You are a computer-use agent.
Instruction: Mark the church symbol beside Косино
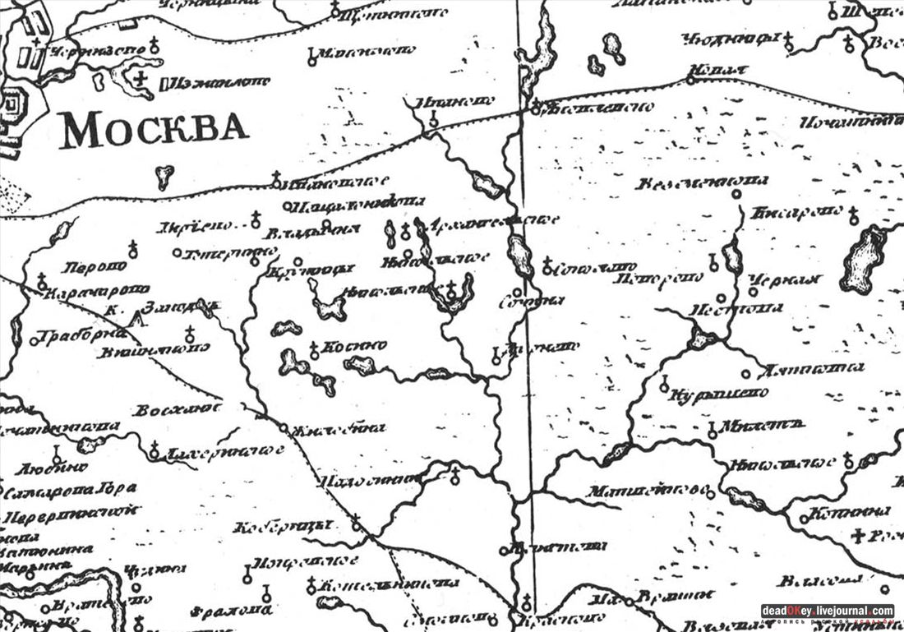pos(313,353)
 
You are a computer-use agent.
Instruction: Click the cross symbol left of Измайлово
pos(143,79)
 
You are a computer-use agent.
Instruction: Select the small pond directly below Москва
pos(164,175)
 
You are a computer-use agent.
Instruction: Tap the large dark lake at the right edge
pos(864,256)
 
